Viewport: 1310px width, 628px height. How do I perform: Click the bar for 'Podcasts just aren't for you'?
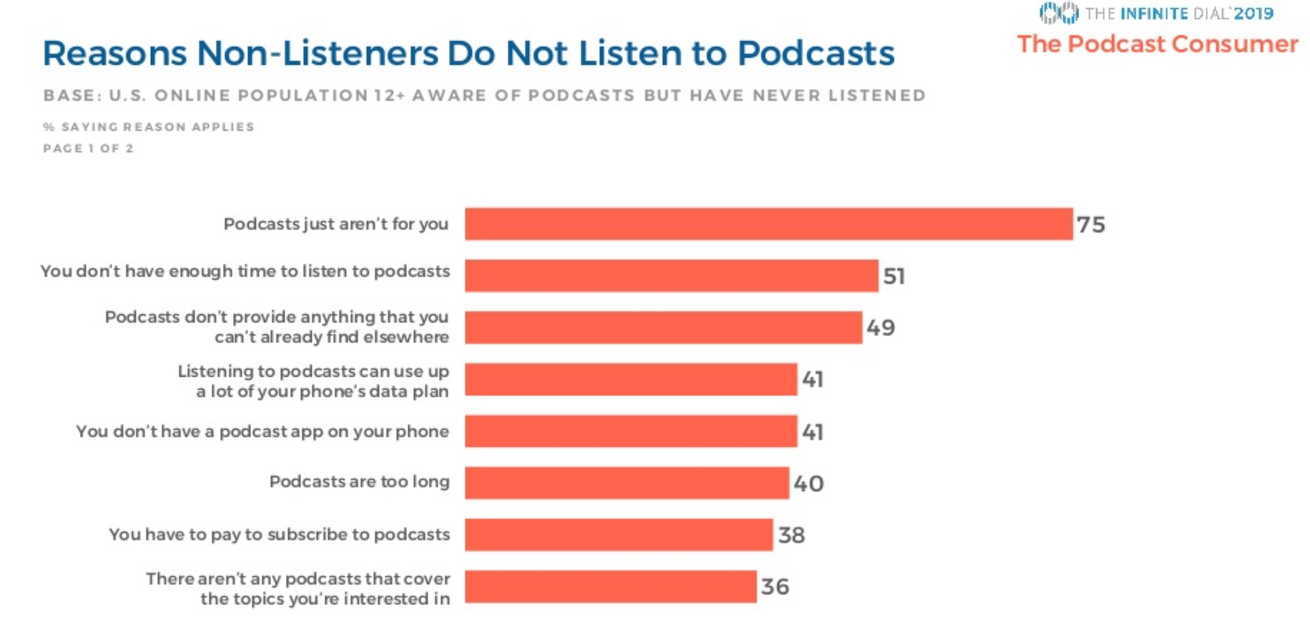point(769,224)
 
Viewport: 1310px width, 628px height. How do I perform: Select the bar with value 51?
point(671,276)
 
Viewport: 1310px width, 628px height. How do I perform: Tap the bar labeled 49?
point(663,328)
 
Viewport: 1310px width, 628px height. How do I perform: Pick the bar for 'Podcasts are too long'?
point(627,483)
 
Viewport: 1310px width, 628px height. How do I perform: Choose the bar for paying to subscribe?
point(618,535)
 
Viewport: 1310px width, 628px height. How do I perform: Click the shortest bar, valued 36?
point(610,586)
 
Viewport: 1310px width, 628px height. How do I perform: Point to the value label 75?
point(1091,224)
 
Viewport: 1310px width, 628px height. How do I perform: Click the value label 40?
point(808,483)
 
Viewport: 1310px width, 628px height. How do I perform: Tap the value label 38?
point(791,535)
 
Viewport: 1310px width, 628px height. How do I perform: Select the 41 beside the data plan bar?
point(812,379)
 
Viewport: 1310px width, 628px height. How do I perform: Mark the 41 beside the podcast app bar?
point(812,432)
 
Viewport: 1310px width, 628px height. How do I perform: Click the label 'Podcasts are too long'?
point(359,482)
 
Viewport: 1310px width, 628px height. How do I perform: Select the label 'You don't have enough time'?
point(245,271)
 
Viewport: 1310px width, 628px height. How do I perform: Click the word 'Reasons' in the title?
point(115,54)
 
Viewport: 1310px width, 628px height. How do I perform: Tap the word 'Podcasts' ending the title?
point(816,54)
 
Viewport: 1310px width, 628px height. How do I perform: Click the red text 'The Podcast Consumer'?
point(1157,44)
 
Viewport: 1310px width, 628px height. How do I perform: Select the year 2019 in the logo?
point(1254,13)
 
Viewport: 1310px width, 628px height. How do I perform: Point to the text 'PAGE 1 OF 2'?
point(88,149)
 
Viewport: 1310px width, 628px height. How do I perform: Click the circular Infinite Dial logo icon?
point(1058,13)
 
